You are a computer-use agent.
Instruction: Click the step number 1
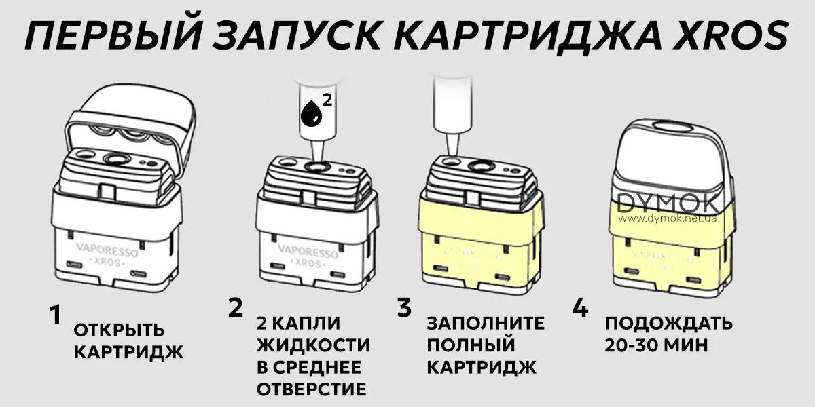tap(55, 315)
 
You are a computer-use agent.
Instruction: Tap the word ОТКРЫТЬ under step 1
tap(119, 331)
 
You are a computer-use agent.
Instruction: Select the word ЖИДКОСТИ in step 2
tap(314, 345)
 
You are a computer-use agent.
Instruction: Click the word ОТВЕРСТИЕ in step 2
tap(312, 389)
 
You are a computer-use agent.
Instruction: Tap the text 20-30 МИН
tap(656, 345)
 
